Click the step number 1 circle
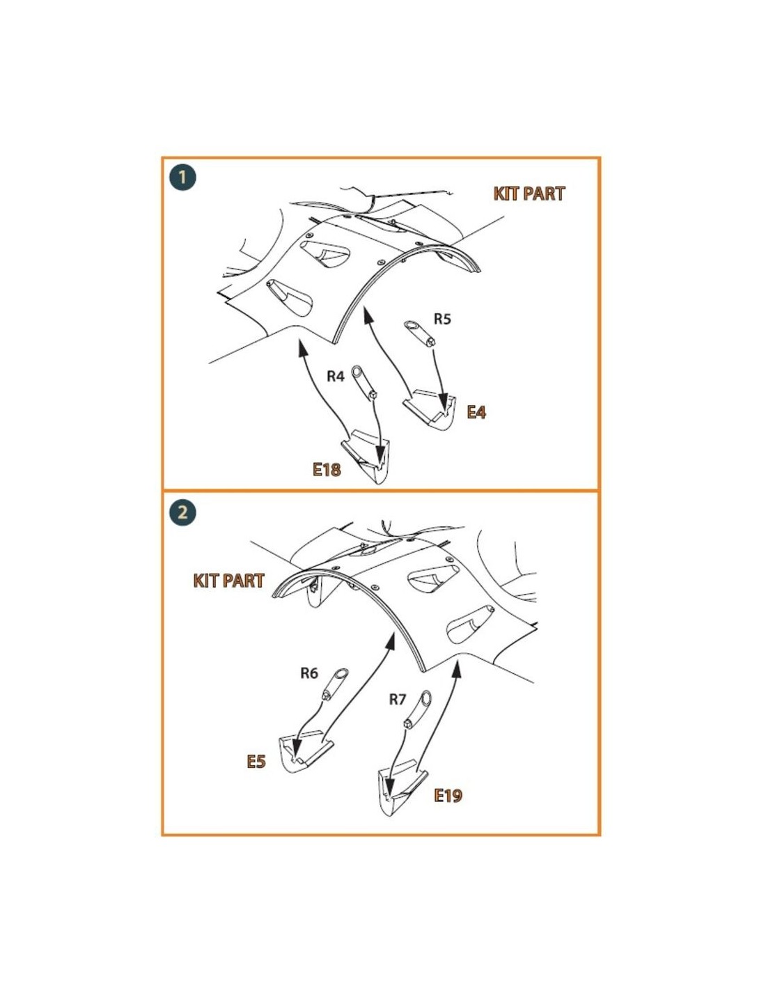click(182, 177)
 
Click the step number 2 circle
click(182, 512)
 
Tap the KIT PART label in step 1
click(529, 194)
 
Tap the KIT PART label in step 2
click(228, 581)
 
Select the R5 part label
click(441, 319)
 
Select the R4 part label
click(336, 377)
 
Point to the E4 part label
click(476, 412)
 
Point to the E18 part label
click(327, 469)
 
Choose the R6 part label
click(309, 673)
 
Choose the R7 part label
click(397, 699)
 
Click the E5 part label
click(256, 761)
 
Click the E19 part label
click(448, 795)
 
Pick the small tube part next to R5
click(419, 333)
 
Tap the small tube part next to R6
click(336, 684)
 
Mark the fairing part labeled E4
click(430, 409)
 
